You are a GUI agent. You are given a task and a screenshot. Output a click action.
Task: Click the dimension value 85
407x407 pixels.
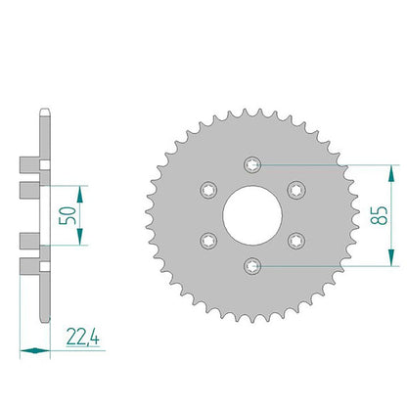(x=380, y=215)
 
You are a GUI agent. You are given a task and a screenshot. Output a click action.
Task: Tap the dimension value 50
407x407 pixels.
(x=68, y=215)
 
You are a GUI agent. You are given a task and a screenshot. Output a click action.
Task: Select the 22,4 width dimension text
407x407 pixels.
(x=83, y=337)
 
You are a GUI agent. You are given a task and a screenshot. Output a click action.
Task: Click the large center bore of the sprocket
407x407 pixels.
(x=252, y=215)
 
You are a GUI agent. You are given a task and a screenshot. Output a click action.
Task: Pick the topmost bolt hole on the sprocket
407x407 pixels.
(x=252, y=164)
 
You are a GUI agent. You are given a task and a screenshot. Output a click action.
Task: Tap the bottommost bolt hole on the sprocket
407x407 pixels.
(x=252, y=266)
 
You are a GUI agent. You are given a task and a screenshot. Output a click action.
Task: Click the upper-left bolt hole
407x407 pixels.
(x=208, y=190)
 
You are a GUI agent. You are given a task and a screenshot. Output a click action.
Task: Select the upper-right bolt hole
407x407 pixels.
(x=296, y=190)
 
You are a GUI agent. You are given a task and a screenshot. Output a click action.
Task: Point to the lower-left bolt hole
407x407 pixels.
(x=208, y=241)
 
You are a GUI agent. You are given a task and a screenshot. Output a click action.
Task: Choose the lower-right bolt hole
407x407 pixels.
(x=296, y=241)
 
